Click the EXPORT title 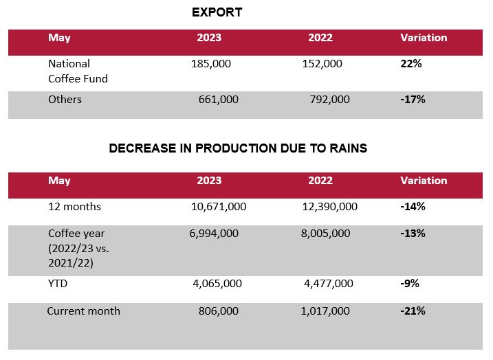tap(217, 12)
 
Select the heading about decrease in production tap(238, 148)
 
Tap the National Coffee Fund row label tap(78, 71)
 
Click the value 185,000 tap(211, 64)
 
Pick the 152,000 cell tap(322, 64)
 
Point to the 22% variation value tap(410, 64)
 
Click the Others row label tap(65, 100)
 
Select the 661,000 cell tap(218, 100)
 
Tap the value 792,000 tap(329, 100)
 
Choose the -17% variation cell tap(413, 100)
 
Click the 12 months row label tap(74, 206)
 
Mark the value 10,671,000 tap(218, 206)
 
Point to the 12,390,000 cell tap(329, 206)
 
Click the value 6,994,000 tap(214, 234)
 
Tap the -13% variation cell tap(413, 234)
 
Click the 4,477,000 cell tap(328, 284)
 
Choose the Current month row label tap(83, 311)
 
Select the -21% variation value tap(413, 311)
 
